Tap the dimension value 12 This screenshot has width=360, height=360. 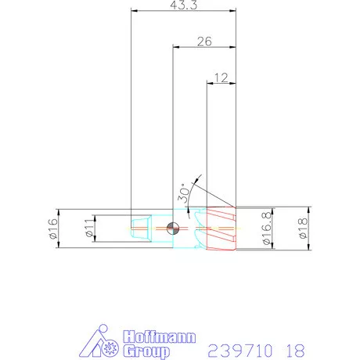[x=221, y=77]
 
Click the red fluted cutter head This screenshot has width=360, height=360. [x=220, y=229]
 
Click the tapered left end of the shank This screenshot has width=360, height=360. [x=139, y=229]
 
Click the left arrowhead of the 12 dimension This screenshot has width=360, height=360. [x=208, y=81]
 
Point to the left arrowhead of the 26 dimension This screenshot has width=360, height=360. [x=175, y=47]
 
